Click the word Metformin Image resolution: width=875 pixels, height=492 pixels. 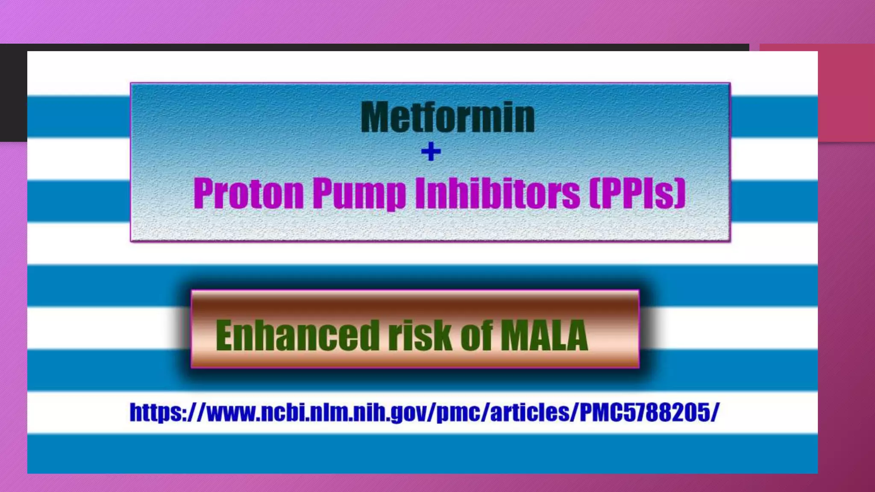448,117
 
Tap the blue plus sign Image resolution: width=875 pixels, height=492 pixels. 431,152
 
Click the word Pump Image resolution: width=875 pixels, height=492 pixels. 359,194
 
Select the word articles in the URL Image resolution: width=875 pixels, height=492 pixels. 530,413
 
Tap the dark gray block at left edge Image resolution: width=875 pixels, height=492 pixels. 13,92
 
